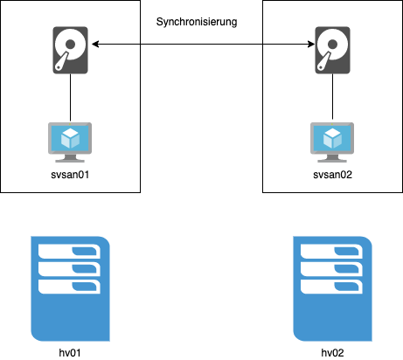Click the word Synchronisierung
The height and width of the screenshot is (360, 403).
point(197,22)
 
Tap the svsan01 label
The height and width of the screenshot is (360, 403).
point(70,175)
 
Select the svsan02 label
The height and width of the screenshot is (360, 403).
point(332,175)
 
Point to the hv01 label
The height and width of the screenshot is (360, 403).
point(70,353)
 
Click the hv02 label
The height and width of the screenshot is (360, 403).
point(332,353)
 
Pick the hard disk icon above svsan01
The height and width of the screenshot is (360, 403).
point(70,50)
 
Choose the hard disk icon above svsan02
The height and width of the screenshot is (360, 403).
point(332,50)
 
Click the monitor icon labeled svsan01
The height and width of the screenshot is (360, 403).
point(70,142)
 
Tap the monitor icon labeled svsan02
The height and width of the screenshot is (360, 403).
point(332,142)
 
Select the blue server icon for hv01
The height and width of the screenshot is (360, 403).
point(70,288)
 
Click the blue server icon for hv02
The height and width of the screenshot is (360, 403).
point(332,288)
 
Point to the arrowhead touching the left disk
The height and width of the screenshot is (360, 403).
point(95,45)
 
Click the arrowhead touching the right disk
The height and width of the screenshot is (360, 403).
point(311,45)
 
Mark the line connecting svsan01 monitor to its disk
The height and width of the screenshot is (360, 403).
point(70,97)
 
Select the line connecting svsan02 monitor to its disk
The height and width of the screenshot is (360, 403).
point(332,96)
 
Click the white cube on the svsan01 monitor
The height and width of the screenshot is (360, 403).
point(70,138)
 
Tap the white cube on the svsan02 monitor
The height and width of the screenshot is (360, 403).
point(332,138)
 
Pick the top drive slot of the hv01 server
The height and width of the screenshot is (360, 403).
point(69,252)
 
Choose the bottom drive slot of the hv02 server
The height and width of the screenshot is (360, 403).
point(331,287)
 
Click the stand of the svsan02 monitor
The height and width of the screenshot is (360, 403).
point(332,158)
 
